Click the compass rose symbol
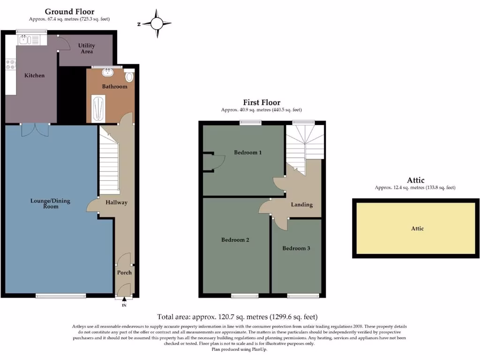click(x=157, y=23)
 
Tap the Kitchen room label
click(x=34, y=75)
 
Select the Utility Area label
click(x=86, y=48)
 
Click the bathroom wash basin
click(x=109, y=72)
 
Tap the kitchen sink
click(x=24, y=40)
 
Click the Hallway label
click(x=116, y=202)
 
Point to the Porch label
click(x=124, y=272)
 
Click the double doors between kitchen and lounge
click(x=35, y=130)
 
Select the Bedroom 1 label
click(x=247, y=152)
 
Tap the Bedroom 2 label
click(x=235, y=240)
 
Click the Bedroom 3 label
click(x=296, y=248)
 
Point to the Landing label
click(x=302, y=204)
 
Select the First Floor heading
click(x=261, y=102)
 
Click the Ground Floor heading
click(x=69, y=12)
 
